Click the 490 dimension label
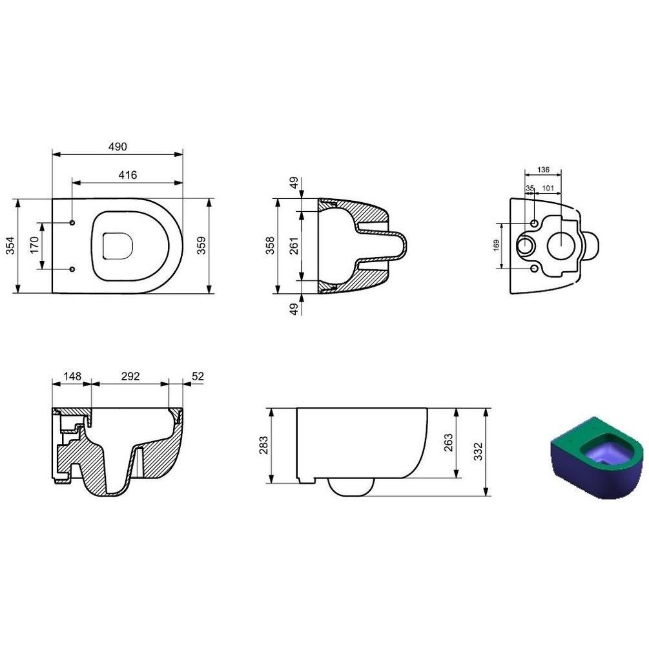pyautogui.click(x=118, y=147)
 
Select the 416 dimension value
pyautogui.click(x=127, y=175)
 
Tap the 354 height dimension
pyautogui.click(x=10, y=245)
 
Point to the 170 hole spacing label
pyautogui.click(x=34, y=245)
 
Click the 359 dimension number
pyautogui.click(x=201, y=245)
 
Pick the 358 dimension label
pyautogui.click(x=269, y=245)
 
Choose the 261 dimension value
pyautogui.click(x=293, y=245)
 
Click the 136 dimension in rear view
pyautogui.click(x=543, y=170)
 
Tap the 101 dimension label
pyautogui.click(x=548, y=189)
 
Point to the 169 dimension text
pyautogui.click(x=496, y=245)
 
